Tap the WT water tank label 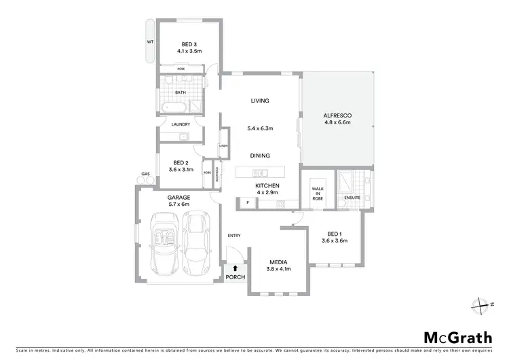[150, 42]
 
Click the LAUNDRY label [181, 124]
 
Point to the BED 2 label [181, 162]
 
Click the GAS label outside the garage [145, 175]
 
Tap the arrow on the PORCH [235, 268]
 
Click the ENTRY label [234, 236]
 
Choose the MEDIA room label [278, 261]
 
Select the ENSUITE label [352, 198]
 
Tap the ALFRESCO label [337, 116]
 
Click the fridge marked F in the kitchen [248, 202]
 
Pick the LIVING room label [260, 101]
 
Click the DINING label [260, 156]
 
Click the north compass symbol [483, 306]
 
